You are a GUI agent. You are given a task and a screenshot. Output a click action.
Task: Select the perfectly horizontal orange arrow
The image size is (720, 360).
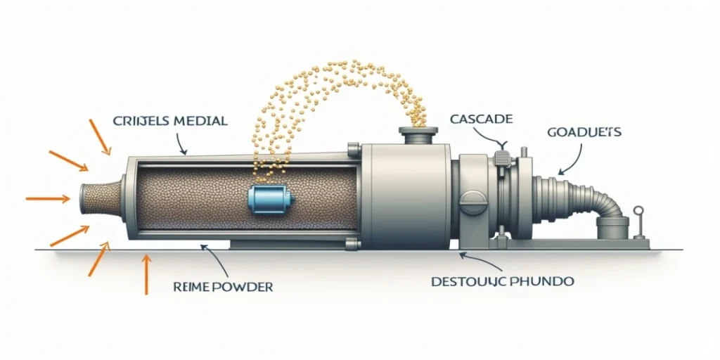click(47, 199)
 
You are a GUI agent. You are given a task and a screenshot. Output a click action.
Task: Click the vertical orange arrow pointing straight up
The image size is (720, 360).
click(146, 274)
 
